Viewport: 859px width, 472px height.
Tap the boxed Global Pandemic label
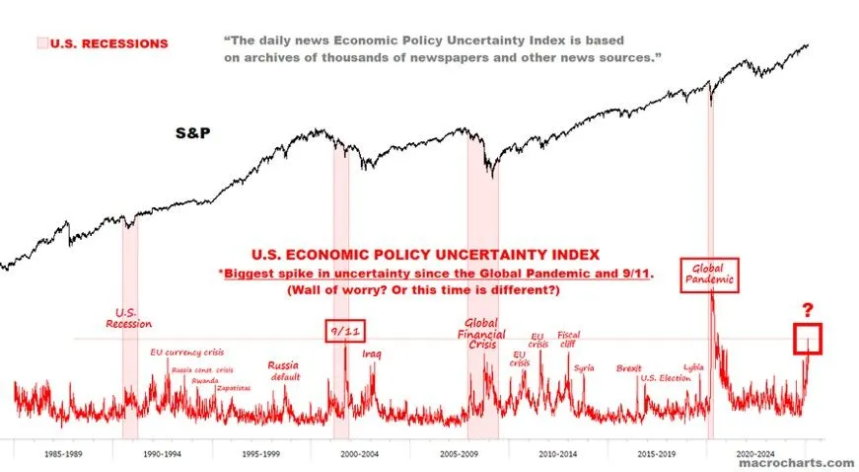[x=709, y=275]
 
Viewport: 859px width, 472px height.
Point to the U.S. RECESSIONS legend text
[x=108, y=43]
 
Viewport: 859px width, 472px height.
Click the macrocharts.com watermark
[x=814, y=462]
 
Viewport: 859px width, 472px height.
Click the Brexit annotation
[x=628, y=368]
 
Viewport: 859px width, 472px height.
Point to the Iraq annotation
[x=371, y=353]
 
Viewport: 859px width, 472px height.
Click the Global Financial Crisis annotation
[x=481, y=335]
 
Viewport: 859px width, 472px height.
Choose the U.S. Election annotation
[x=666, y=377]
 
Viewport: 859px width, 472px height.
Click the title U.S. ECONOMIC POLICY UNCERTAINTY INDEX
[x=433, y=255]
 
